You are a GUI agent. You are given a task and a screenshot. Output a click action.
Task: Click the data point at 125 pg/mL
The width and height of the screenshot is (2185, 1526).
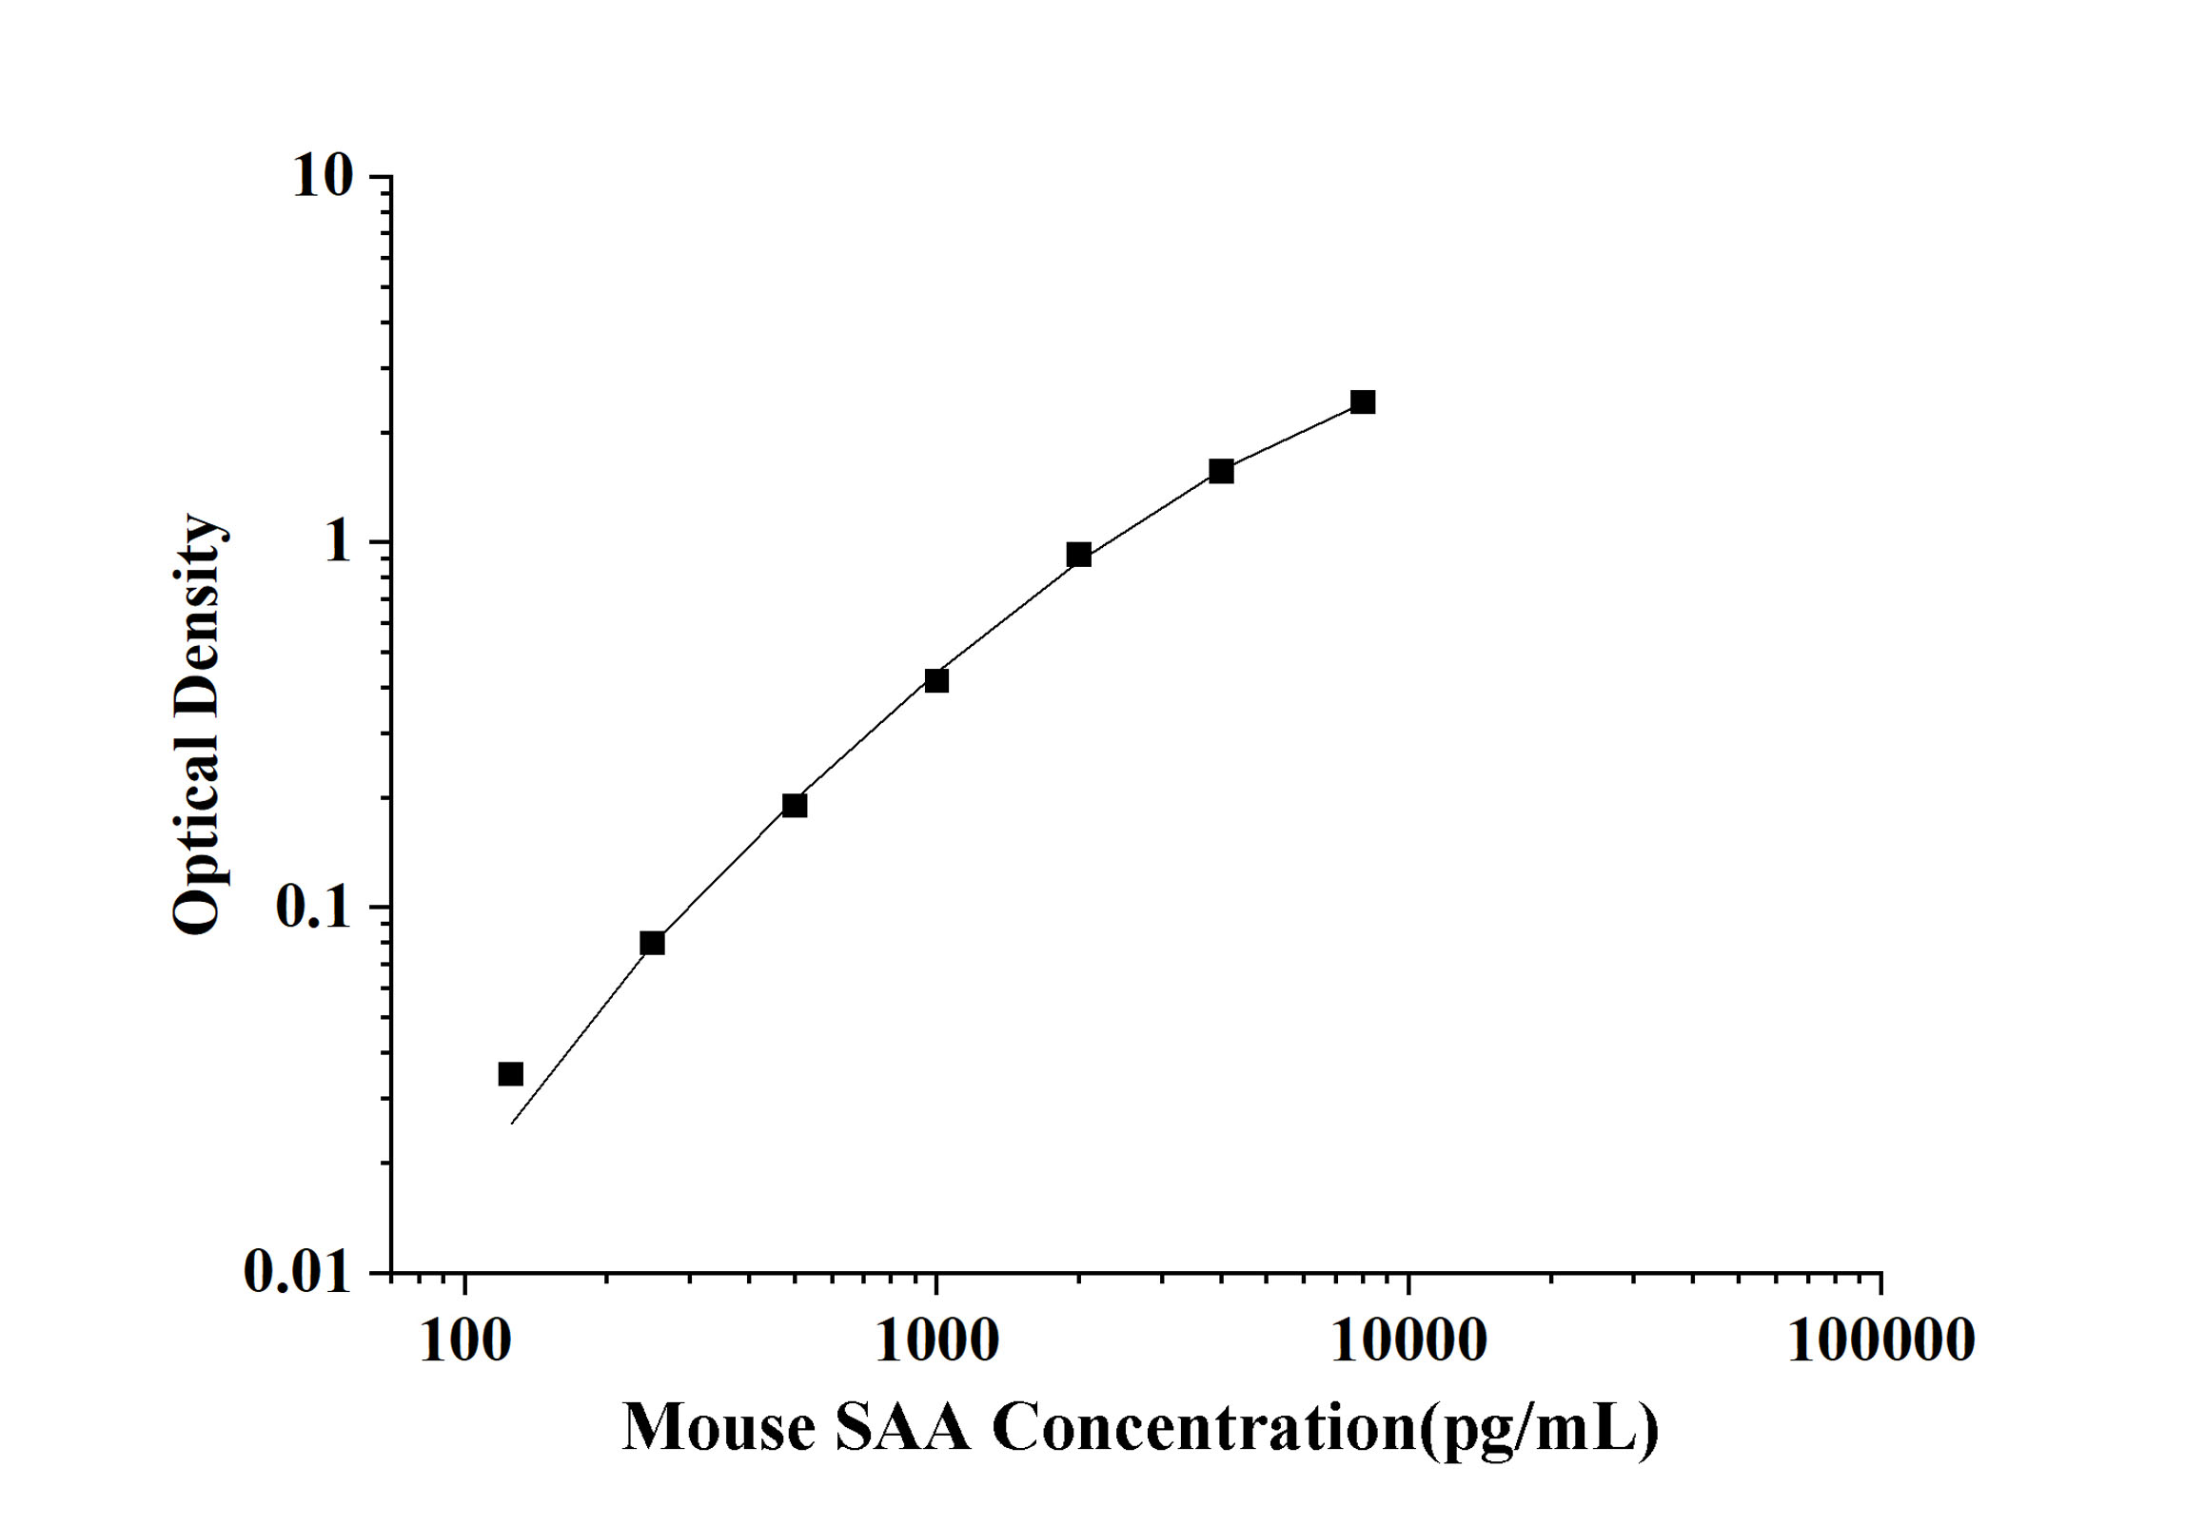click(x=511, y=1074)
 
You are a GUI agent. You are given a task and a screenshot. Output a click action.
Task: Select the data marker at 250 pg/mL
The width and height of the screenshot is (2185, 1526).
click(x=652, y=943)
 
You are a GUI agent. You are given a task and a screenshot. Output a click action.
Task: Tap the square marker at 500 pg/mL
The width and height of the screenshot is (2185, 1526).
click(x=795, y=806)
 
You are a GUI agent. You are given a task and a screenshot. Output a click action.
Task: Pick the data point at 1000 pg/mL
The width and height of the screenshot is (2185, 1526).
click(x=936, y=680)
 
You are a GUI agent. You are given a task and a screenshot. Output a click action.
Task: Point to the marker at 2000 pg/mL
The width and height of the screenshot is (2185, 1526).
click(x=1078, y=555)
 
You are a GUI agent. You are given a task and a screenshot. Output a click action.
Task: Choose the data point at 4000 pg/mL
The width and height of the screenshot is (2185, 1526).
click(x=1221, y=471)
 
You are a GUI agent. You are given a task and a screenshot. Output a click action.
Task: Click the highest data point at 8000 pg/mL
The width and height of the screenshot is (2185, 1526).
click(x=1363, y=402)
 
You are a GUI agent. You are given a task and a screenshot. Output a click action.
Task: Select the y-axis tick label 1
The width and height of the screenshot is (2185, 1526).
click(x=338, y=542)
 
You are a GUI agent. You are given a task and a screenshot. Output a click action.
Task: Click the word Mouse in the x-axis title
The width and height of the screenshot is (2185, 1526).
click(x=719, y=1429)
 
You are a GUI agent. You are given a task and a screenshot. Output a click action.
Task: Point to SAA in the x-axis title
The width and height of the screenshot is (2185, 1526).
click(x=903, y=1429)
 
